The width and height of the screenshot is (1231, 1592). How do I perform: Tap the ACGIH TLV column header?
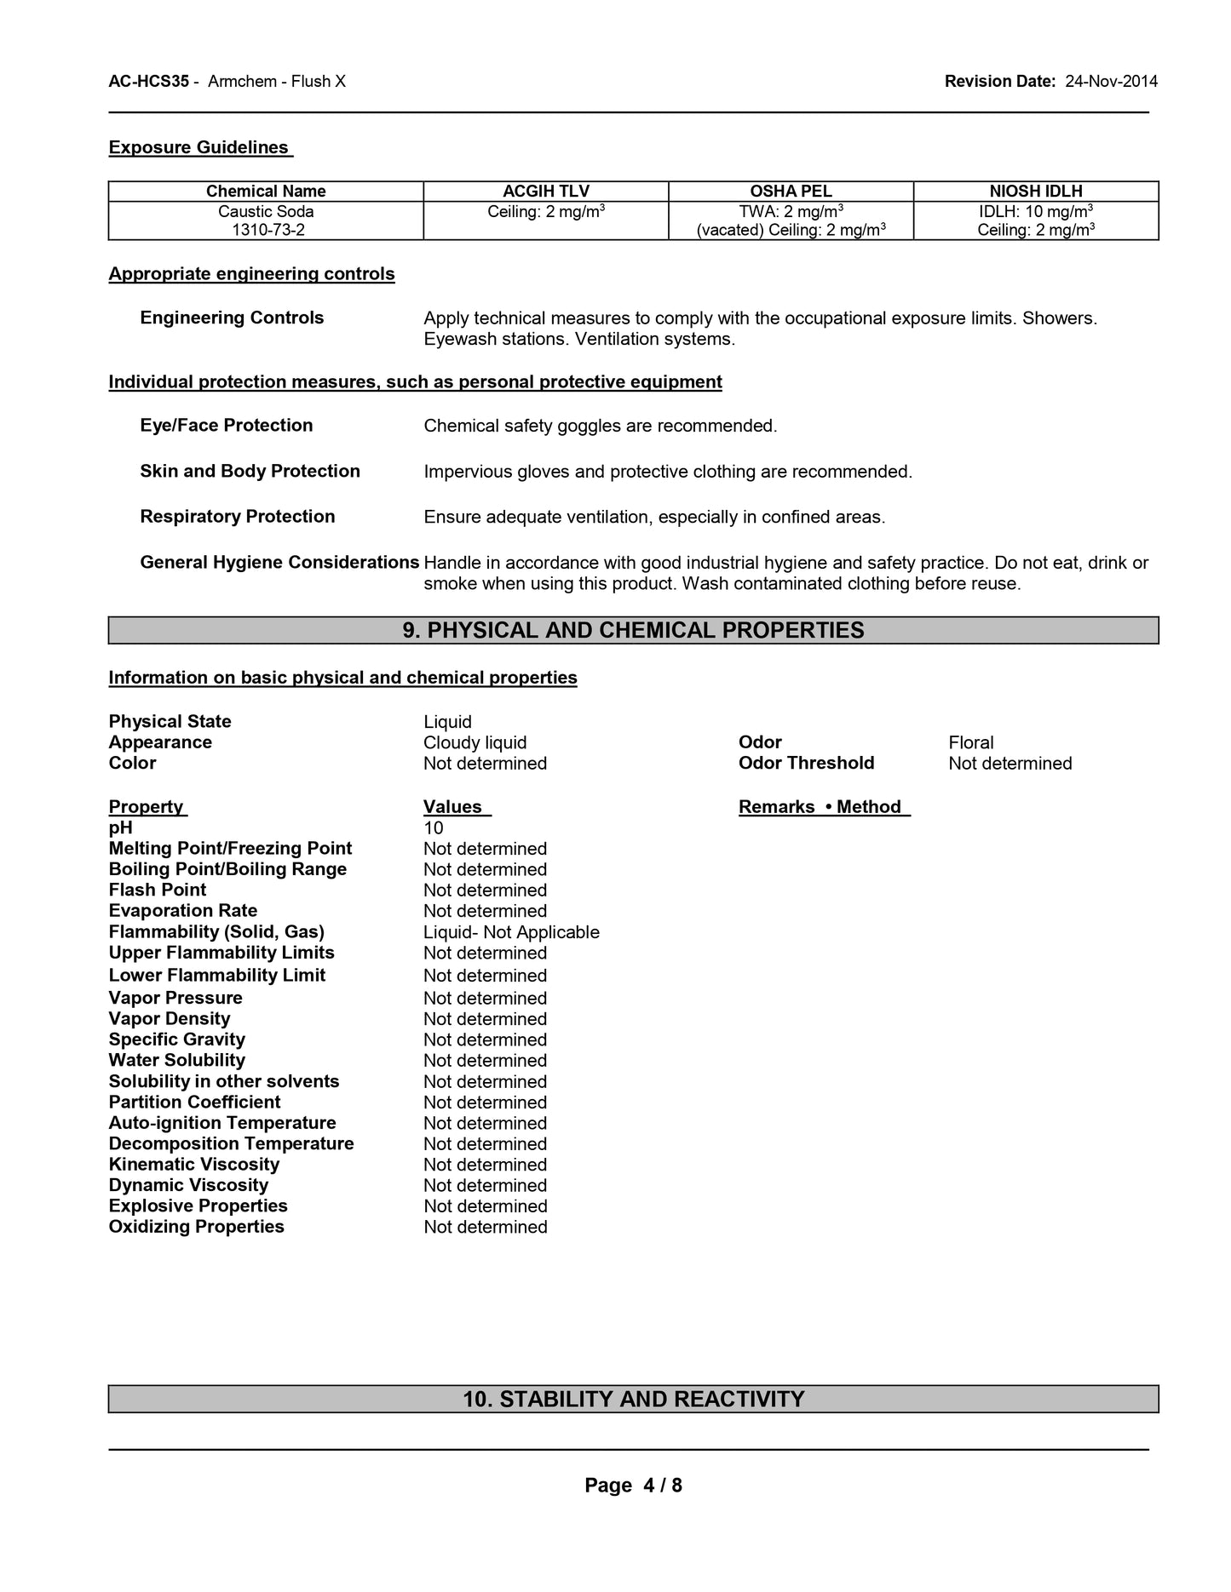pyautogui.click(x=546, y=192)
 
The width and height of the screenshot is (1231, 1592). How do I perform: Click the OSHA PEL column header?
pyautogui.click(x=791, y=192)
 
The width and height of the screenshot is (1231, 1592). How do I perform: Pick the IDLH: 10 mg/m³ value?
pyautogui.click(x=1036, y=211)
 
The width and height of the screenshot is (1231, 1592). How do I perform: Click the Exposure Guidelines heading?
pyautogui.click(x=199, y=148)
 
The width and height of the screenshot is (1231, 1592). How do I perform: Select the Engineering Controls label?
pyautogui.click(x=232, y=318)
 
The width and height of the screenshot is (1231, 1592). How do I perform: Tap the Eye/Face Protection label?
pyautogui.click(x=226, y=426)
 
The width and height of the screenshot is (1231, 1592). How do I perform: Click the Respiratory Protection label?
pyautogui.click(x=237, y=517)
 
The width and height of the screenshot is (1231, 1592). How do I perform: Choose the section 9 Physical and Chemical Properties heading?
pyautogui.click(x=633, y=631)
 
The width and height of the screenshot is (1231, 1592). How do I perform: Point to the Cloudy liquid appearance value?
pyautogui.click(x=475, y=743)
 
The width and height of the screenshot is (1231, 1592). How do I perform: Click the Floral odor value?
pyautogui.click(x=970, y=743)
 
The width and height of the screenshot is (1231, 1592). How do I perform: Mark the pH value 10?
pyautogui.click(x=434, y=828)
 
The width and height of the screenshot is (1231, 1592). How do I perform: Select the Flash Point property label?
pyautogui.click(x=158, y=890)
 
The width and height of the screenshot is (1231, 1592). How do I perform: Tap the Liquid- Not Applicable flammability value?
pyautogui.click(x=511, y=932)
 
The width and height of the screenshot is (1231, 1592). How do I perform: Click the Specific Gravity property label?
pyautogui.click(x=176, y=1039)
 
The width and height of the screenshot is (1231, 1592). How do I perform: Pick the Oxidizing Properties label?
pyautogui.click(x=196, y=1227)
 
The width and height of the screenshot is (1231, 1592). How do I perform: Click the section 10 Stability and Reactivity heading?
pyautogui.click(x=633, y=1400)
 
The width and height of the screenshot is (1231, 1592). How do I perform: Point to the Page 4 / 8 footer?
pyautogui.click(x=633, y=1486)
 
